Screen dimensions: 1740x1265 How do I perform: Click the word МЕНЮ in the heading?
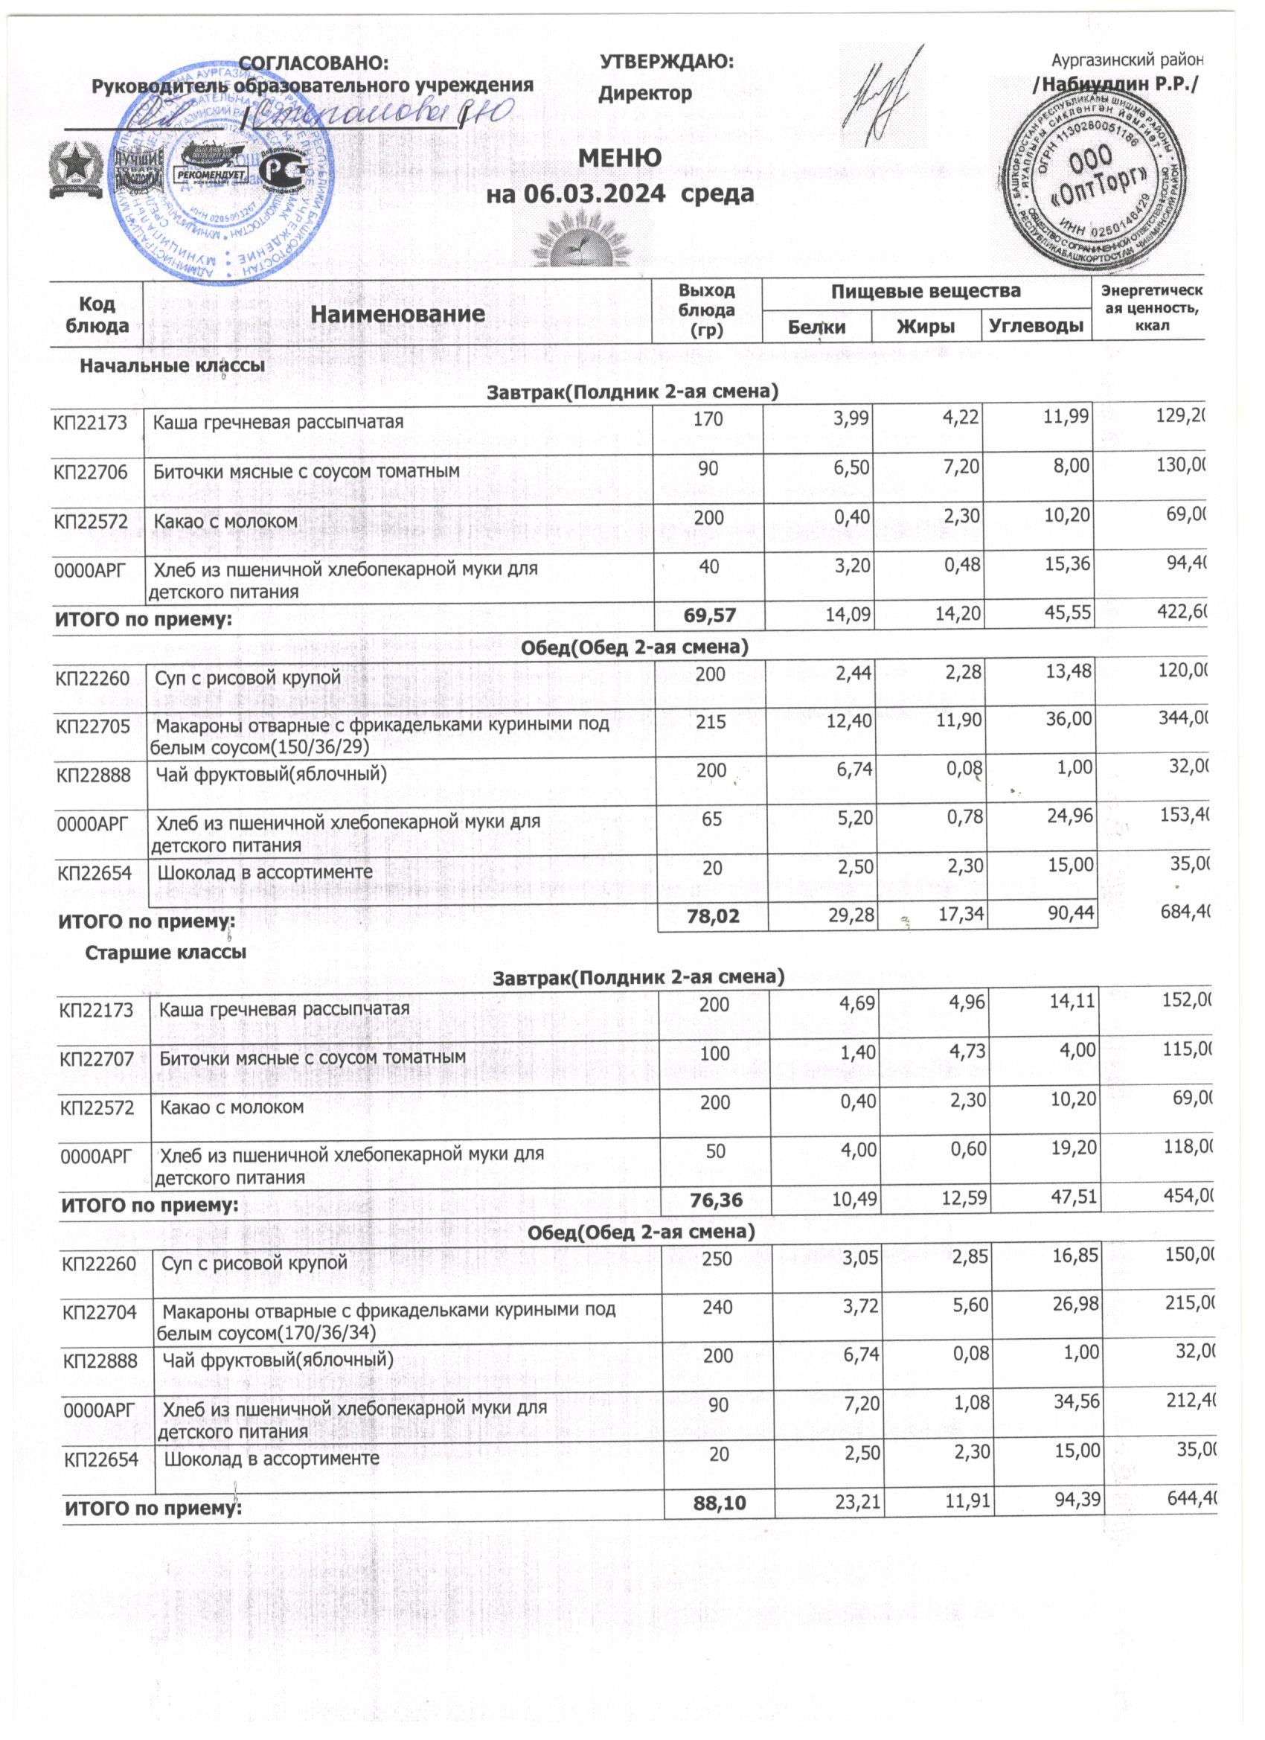pos(620,158)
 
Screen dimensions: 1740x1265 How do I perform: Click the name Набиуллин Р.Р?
pos(1115,85)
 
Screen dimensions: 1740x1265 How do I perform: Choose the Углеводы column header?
pos(1037,327)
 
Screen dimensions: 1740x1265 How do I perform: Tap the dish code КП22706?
pos(89,471)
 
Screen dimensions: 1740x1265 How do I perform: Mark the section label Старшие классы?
pos(166,953)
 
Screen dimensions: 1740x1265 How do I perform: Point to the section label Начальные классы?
pos(173,366)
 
